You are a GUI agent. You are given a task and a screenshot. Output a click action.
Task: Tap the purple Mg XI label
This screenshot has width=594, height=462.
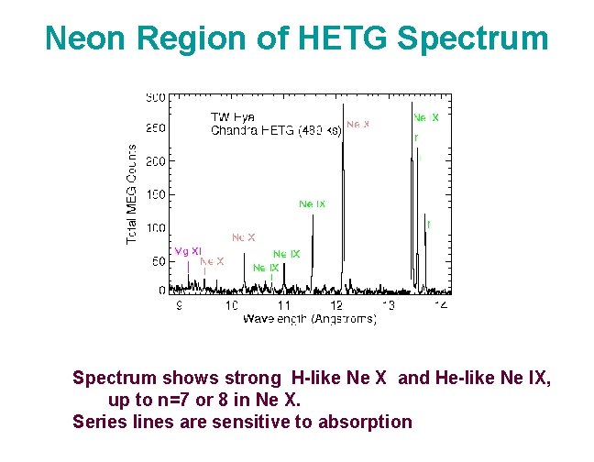[187, 251]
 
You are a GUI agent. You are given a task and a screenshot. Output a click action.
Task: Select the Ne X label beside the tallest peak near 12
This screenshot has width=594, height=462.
[357, 124]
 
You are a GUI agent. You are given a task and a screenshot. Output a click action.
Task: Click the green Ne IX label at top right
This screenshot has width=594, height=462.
[426, 117]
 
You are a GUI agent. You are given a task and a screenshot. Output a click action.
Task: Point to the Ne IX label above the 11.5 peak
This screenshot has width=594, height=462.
[312, 203]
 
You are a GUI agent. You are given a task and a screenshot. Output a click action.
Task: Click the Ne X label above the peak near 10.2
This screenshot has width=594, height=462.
[243, 237]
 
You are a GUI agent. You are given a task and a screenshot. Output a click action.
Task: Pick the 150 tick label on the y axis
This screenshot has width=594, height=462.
[156, 194]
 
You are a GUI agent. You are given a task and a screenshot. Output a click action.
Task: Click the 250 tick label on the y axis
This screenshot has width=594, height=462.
[156, 128]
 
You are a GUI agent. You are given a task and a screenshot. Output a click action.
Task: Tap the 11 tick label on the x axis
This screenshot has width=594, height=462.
[284, 303]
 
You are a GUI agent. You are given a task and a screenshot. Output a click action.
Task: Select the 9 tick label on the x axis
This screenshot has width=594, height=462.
[179, 303]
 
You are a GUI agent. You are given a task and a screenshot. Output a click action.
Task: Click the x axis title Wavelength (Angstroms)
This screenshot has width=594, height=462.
[309, 318]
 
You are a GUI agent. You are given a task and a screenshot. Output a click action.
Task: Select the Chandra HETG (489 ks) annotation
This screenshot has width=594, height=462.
[276, 130]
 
